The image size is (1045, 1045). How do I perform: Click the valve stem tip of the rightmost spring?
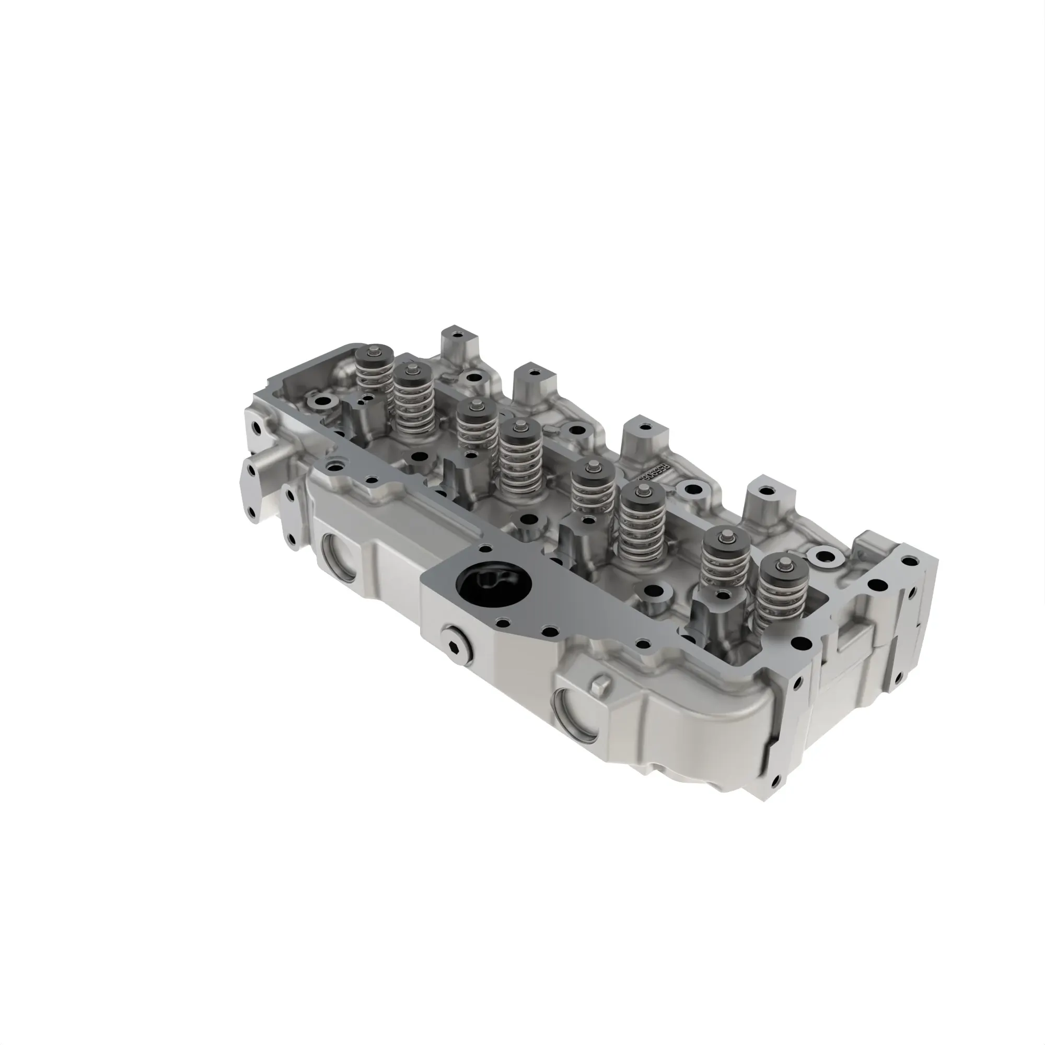pos(782,565)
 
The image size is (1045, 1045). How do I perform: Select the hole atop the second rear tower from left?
pos(533,373)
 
